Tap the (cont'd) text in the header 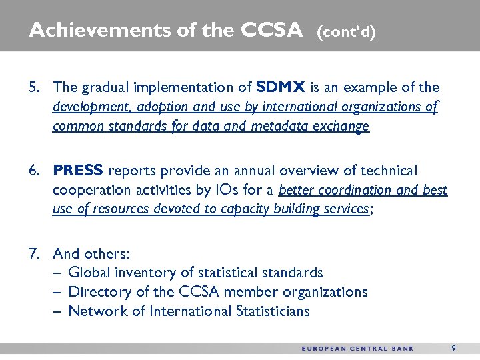[x=347, y=31]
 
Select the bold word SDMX [x=281, y=87]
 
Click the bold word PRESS [x=79, y=171]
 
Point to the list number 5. [x=34, y=87]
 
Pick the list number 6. [x=34, y=171]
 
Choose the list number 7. [x=34, y=253]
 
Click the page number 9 [x=453, y=348]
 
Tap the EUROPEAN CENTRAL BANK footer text [x=357, y=349]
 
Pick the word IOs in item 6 [x=257, y=190]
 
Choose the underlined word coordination [x=355, y=190]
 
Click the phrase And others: [x=91, y=253]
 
